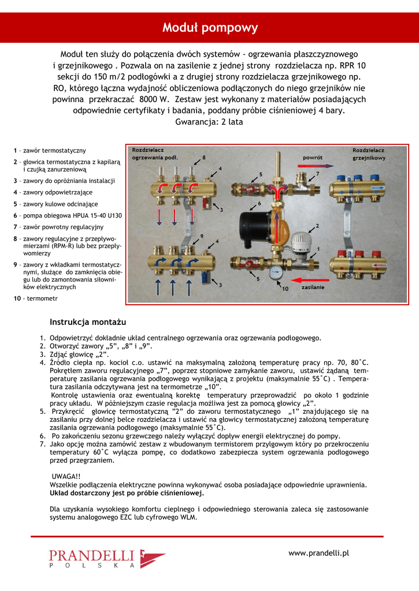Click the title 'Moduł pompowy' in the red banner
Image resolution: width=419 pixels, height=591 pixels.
coord(209,28)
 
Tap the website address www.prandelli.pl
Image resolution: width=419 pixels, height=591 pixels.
coord(318,553)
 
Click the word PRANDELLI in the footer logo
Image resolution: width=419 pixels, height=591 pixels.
coord(91,555)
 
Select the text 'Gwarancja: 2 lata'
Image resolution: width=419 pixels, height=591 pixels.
coord(209,122)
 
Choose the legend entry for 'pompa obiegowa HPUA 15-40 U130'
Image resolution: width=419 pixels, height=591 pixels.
coord(68,215)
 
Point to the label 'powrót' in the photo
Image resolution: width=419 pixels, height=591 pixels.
coord(312,157)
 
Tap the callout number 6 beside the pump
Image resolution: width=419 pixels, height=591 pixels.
coord(259,203)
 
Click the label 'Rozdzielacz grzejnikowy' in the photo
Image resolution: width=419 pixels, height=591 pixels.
coord(369,154)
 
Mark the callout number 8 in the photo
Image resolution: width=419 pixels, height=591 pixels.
coord(203,157)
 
